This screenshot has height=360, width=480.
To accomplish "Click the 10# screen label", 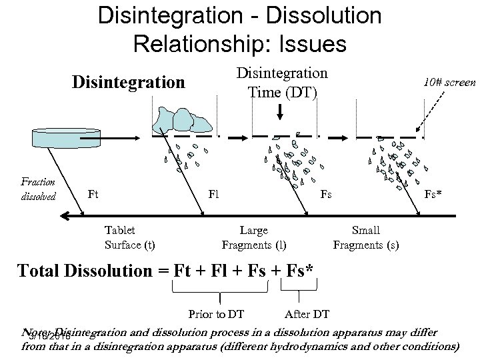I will (449, 83).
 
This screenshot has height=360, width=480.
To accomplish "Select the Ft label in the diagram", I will (93, 195).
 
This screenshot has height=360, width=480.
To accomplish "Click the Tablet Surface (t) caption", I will (129, 237).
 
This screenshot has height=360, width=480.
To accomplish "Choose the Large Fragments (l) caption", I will (253, 237).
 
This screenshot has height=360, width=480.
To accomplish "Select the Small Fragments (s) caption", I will (365, 237).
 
